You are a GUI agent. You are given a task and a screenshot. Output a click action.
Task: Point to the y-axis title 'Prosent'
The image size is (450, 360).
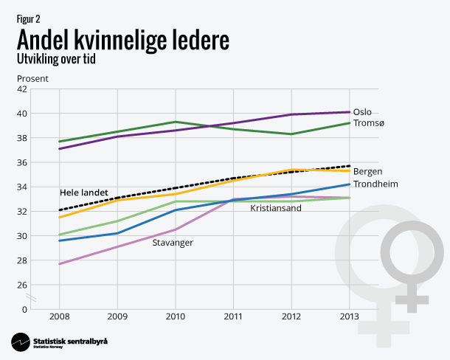[x=30, y=77]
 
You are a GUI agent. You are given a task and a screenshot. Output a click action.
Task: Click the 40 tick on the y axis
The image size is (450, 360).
[x=43, y=114]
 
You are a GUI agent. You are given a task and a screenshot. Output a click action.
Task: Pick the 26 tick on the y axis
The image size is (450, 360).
[x=43, y=285]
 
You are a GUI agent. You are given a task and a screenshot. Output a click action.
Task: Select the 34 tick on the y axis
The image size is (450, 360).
[x=43, y=187]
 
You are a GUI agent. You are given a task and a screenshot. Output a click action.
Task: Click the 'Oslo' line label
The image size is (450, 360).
[x=362, y=112]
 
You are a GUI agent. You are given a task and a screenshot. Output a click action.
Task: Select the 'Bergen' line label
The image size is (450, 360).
[x=367, y=172]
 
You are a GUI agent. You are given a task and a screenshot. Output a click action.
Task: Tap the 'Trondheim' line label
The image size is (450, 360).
[x=375, y=184]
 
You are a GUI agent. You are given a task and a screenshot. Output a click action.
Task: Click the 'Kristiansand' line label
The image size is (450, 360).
[x=275, y=208]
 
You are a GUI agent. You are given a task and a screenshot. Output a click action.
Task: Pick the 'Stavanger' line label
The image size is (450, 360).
[x=173, y=243]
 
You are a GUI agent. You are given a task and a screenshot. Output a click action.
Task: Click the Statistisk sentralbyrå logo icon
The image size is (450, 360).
[x=20, y=342]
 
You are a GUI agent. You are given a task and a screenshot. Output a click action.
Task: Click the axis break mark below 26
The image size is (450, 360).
[x=32, y=297]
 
